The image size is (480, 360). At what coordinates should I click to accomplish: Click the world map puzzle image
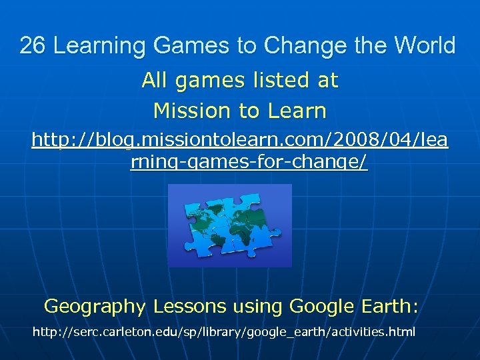pos(230,225)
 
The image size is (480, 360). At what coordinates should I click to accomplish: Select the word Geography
pos(94,307)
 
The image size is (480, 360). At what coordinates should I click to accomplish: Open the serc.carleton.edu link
pos(223,331)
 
